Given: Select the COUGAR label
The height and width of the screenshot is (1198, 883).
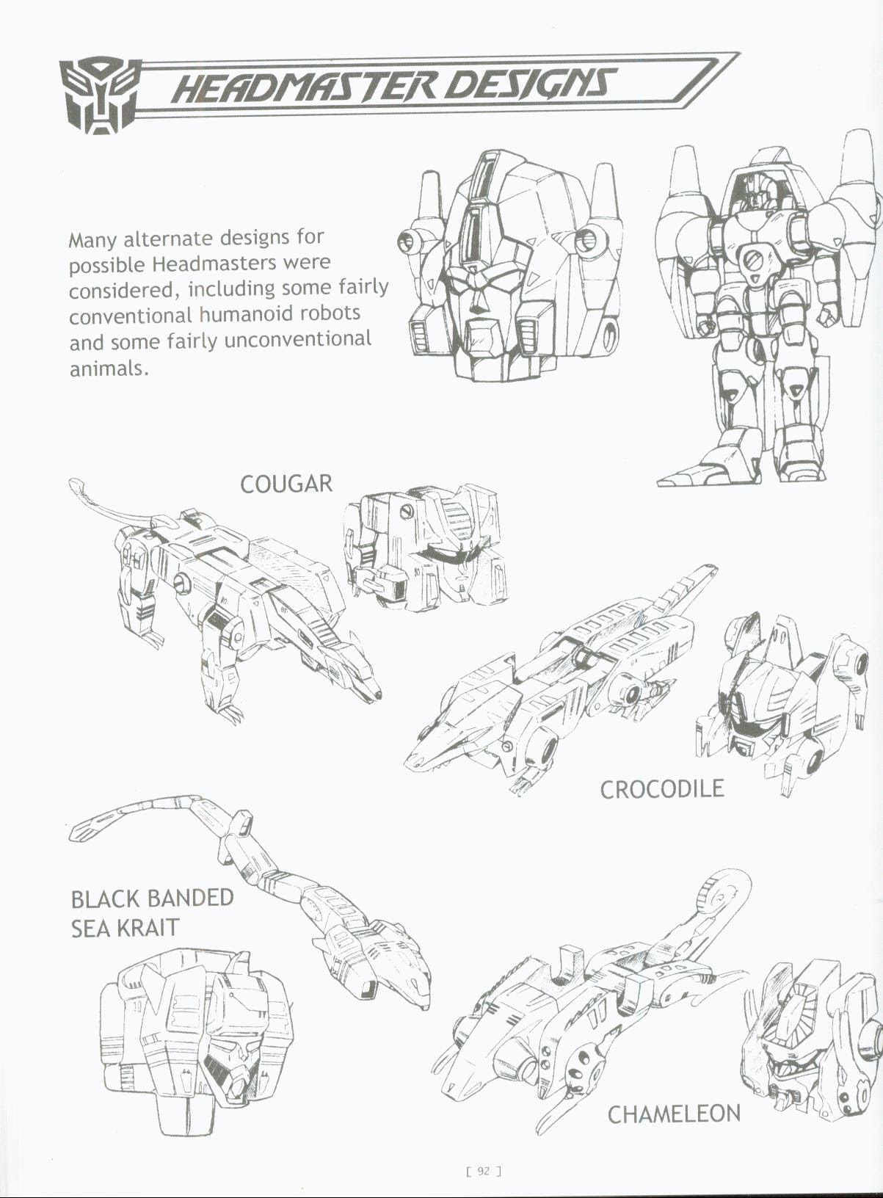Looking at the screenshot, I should click(x=286, y=484).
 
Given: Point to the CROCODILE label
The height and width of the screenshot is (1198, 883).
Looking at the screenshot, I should click(x=661, y=789).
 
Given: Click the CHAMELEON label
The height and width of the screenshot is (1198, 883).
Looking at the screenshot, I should click(x=674, y=1114).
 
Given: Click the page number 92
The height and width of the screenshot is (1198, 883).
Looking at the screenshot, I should click(x=483, y=1171).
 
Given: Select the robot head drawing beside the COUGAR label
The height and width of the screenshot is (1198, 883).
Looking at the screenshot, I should click(x=426, y=547).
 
